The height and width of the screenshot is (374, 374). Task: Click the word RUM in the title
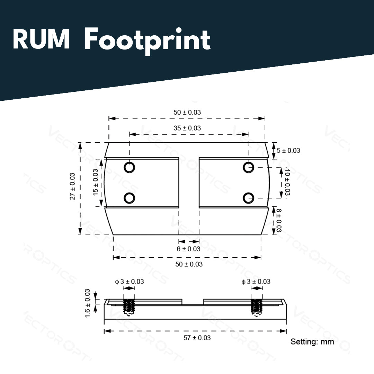[x=41, y=39]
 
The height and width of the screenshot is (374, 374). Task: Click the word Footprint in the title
[x=148, y=41]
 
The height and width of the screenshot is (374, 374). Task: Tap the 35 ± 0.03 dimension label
[x=187, y=128]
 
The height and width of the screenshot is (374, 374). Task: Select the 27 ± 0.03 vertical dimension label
[x=72, y=186]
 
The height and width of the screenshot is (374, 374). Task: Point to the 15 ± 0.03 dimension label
[x=96, y=182]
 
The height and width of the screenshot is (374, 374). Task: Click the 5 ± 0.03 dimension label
[x=288, y=151]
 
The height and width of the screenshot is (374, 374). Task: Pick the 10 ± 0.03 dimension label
[x=287, y=182]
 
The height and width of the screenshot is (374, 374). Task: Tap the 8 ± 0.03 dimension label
[x=278, y=220]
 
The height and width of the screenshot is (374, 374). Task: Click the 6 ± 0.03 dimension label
[x=188, y=249]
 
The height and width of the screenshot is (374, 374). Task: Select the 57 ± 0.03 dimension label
[x=197, y=338]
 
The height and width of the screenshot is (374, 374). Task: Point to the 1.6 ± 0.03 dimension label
[x=88, y=303]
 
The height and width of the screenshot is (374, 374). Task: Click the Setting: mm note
[x=312, y=341]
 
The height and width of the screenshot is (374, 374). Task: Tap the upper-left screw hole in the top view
[x=129, y=167]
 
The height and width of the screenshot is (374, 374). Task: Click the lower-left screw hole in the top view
[x=129, y=198]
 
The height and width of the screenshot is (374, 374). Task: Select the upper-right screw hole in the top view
[x=249, y=167]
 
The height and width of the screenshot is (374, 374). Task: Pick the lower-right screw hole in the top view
[x=249, y=198]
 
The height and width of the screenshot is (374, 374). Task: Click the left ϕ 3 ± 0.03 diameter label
[x=130, y=282]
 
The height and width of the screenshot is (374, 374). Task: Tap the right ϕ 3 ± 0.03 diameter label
[x=256, y=282]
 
